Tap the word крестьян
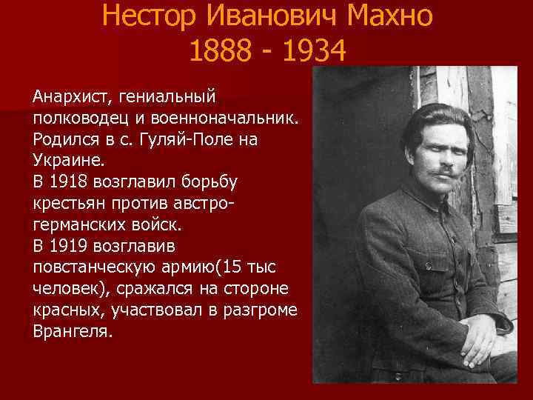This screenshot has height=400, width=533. (67, 202)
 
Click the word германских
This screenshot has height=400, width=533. (81, 223)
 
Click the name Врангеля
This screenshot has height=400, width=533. (71, 330)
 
